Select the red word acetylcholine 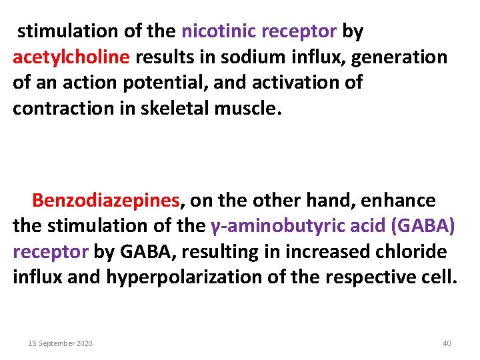[x=71, y=57]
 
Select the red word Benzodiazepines [x=106, y=200]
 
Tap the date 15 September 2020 [x=60, y=343]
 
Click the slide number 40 [x=447, y=343]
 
